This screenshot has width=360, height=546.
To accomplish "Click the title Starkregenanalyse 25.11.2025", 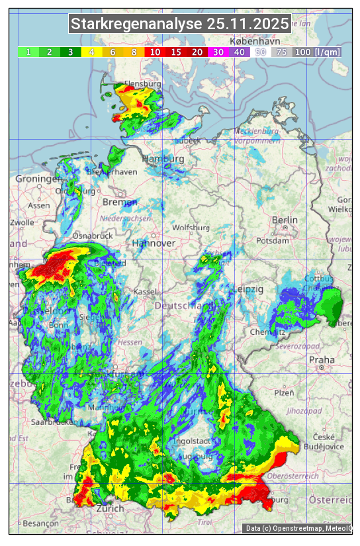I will point(180,24).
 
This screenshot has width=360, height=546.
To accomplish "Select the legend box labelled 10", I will point(155,52).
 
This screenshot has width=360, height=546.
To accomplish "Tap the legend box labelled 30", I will point(218,52).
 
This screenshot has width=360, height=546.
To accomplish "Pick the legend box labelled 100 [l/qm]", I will point(318,52).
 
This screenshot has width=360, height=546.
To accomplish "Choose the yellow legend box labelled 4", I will point(91,52).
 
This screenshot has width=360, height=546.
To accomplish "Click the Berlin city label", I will point(285,220).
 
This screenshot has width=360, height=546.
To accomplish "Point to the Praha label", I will point(322,360).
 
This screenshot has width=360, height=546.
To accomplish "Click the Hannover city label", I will point(154,244).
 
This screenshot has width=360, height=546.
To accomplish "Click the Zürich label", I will point(110,508).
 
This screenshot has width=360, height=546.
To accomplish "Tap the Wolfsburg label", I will point(191,228).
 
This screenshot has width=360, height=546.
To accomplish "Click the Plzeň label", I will point(284,392).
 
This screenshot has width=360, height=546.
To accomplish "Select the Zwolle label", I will point(22,222).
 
